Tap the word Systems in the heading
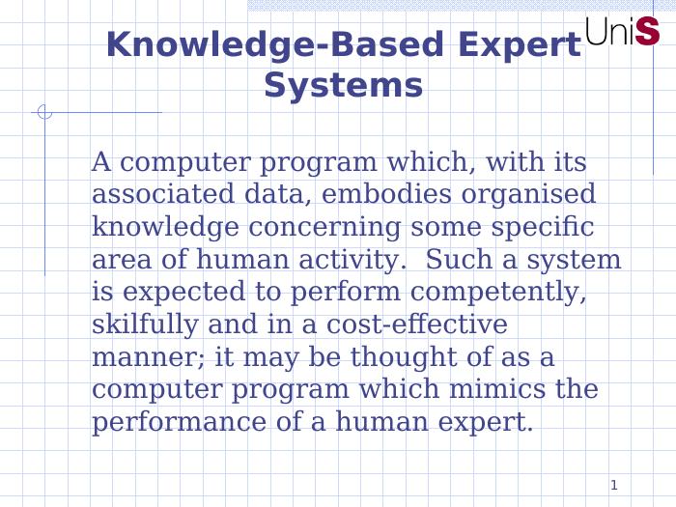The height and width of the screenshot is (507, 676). click(343, 85)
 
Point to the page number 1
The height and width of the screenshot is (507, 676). click(614, 484)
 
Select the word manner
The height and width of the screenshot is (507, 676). click(147, 358)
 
